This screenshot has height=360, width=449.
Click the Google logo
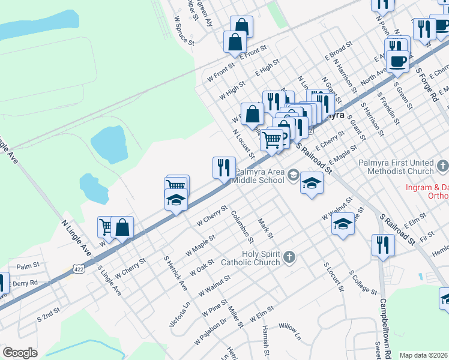coord(20,353)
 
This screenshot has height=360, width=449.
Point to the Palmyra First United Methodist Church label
coord(399,167)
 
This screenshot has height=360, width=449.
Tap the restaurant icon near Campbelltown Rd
coord(381,245)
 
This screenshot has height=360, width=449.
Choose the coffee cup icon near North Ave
coord(398,61)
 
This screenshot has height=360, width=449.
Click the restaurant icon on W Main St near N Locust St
coord(224,167)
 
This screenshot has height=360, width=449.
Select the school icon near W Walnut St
coord(343,225)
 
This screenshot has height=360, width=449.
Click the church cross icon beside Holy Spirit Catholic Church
coord(289,257)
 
